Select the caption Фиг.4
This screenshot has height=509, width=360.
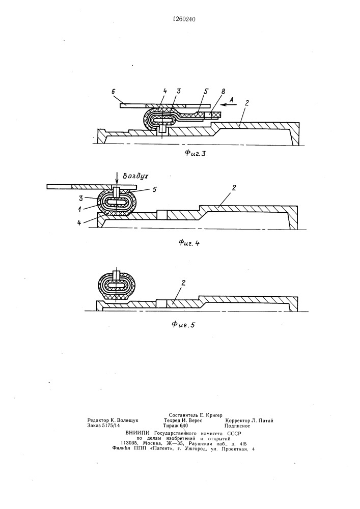click(x=189, y=243)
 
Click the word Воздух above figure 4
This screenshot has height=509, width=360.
click(x=135, y=176)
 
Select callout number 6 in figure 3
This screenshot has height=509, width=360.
click(x=113, y=91)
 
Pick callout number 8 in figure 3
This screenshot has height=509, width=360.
click(x=223, y=91)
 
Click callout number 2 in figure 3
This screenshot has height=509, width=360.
click(x=247, y=103)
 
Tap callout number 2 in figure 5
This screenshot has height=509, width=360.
click(x=183, y=282)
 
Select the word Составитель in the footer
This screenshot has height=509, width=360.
click(x=183, y=415)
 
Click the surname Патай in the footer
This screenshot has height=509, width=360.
click(x=266, y=420)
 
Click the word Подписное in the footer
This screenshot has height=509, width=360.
click(x=237, y=426)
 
